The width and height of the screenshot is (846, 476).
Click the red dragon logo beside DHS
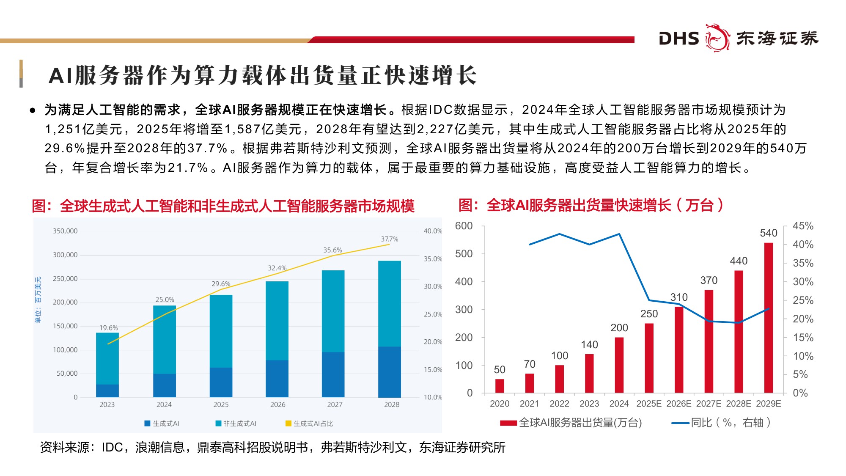click(717, 38)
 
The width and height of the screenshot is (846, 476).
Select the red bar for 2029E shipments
click(768, 317)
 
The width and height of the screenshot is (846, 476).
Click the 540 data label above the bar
click(768, 233)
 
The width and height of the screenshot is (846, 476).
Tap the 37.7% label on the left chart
click(389, 239)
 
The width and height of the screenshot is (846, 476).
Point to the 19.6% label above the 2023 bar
click(108, 328)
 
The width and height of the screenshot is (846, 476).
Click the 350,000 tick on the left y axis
click(65, 231)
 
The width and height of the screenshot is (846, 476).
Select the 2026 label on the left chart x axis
click(277, 404)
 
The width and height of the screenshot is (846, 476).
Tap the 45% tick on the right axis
click(802, 226)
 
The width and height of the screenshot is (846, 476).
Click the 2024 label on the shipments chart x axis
click(619, 404)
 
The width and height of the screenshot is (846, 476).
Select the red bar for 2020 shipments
click(500, 386)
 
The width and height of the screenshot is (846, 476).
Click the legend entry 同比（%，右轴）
click(721, 423)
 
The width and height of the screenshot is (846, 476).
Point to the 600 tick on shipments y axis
click(464, 226)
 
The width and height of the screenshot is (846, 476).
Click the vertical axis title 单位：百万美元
click(38, 300)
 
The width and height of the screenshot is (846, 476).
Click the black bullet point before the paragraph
click(33, 111)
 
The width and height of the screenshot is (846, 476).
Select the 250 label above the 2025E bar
click(649, 314)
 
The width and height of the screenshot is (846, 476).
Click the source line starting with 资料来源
click(272, 447)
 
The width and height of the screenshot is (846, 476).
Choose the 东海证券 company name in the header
click(777, 39)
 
